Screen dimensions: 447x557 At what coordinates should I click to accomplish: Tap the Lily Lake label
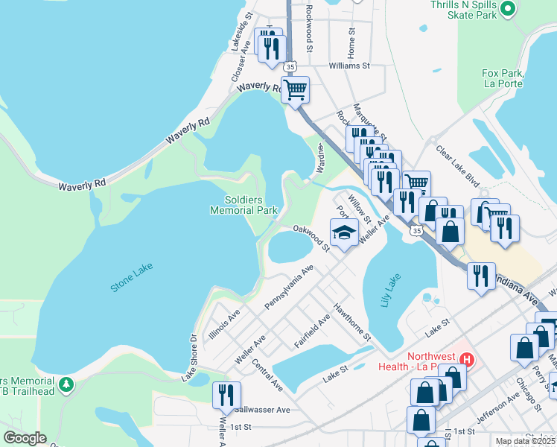tap(386, 299)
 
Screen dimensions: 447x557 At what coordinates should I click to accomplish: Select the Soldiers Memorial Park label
tap(251, 204)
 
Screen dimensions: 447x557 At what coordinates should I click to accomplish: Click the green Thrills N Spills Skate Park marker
tap(509, 9)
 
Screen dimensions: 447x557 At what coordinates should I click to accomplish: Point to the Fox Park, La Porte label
tap(505, 78)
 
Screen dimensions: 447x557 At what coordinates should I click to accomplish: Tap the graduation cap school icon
tap(344, 233)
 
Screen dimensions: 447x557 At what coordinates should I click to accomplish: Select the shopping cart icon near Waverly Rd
tap(296, 90)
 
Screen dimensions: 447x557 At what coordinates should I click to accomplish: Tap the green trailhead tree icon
tap(68, 384)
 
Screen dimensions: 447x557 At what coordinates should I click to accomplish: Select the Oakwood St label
tap(311, 238)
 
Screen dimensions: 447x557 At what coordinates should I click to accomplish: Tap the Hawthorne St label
tap(352, 321)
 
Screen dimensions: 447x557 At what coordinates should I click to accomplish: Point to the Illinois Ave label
tap(224, 325)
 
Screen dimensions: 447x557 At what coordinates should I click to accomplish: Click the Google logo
tap(25, 437)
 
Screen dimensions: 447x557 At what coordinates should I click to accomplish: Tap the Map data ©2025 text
tap(524, 441)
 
